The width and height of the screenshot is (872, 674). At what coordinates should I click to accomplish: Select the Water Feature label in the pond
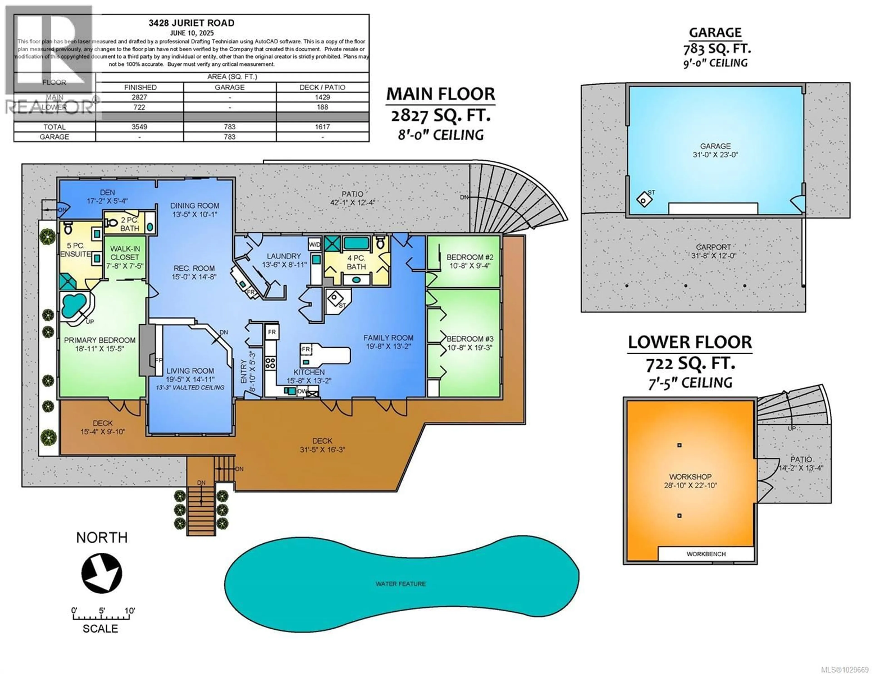click(x=401, y=584)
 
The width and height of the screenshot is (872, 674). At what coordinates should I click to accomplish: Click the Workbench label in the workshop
click(x=706, y=554)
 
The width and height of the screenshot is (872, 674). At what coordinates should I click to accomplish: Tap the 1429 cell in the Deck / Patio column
click(x=322, y=97)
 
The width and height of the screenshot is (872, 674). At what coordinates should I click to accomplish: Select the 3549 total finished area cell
click(x=139, y=127)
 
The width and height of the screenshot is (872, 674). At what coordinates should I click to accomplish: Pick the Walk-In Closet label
click(x=125, y=257)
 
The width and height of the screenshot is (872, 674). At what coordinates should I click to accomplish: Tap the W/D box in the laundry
click(x=315, y=244)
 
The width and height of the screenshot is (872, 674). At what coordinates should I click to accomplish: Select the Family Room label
click(x=388, y=342)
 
